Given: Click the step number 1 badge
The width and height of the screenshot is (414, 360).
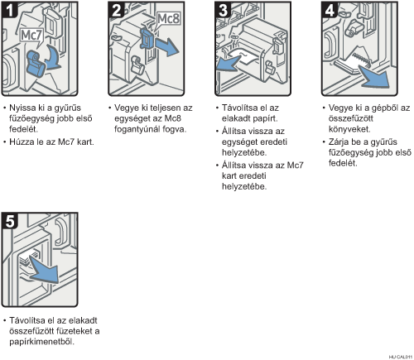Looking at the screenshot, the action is [x=10, y=10].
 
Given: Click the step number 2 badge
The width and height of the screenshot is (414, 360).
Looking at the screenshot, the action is [x=117, y=10].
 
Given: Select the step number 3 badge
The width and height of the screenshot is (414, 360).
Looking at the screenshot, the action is [x=223, y=10].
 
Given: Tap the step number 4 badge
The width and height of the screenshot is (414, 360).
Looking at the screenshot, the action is [x=330, y=10].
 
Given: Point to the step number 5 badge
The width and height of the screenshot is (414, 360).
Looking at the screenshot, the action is [x=10, y=221].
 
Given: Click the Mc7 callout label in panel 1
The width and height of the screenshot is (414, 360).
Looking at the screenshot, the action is [x=31, y=36].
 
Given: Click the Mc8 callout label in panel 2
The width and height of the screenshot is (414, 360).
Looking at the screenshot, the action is [x=168, y=19].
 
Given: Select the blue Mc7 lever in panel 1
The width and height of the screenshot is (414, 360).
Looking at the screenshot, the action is [x=36, y=64].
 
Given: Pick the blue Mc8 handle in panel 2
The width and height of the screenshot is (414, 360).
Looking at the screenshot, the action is [x=147, y=38].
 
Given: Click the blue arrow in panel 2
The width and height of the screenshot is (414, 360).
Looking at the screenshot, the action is [x=166, y=46].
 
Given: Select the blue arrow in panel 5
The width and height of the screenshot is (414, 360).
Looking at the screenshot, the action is [x=45, y=270].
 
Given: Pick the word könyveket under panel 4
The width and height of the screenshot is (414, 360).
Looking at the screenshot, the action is [x=349, y=129].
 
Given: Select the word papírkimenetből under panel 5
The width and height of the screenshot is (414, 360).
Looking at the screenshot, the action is [x=42, y=342].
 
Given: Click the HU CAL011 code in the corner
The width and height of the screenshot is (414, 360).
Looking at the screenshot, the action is [x=401, y=357].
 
